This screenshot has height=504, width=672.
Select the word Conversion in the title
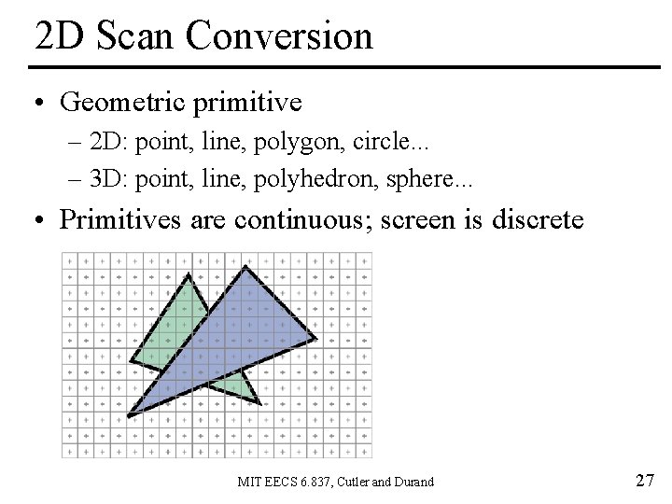click(x=279, y=35)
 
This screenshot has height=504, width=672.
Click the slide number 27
click(x=644, y=481)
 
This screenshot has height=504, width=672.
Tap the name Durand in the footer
click(x=413, y=483)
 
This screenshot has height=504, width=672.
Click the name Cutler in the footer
click(x=352, y=483)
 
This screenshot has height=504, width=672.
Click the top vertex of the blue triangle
click(x=245, y=267)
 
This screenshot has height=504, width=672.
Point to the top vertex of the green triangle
click(x=189, y=274)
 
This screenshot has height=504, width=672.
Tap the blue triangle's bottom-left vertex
click(x=129, y=413)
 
